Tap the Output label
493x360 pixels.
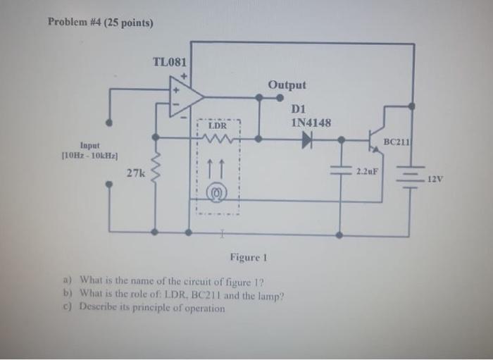point(287,85)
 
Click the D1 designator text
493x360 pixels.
point(297,109)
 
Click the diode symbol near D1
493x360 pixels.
point(307,139)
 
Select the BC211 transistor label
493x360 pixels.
point(397,142)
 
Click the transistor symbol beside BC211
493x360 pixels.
point(377,139)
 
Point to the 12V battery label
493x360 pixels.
point(435,179)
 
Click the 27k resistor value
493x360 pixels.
point(135,172)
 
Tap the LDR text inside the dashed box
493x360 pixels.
point(218,126)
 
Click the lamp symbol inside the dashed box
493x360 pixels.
point(218,191)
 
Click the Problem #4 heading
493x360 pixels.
point(100,22)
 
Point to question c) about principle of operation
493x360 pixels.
point(153,308)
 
